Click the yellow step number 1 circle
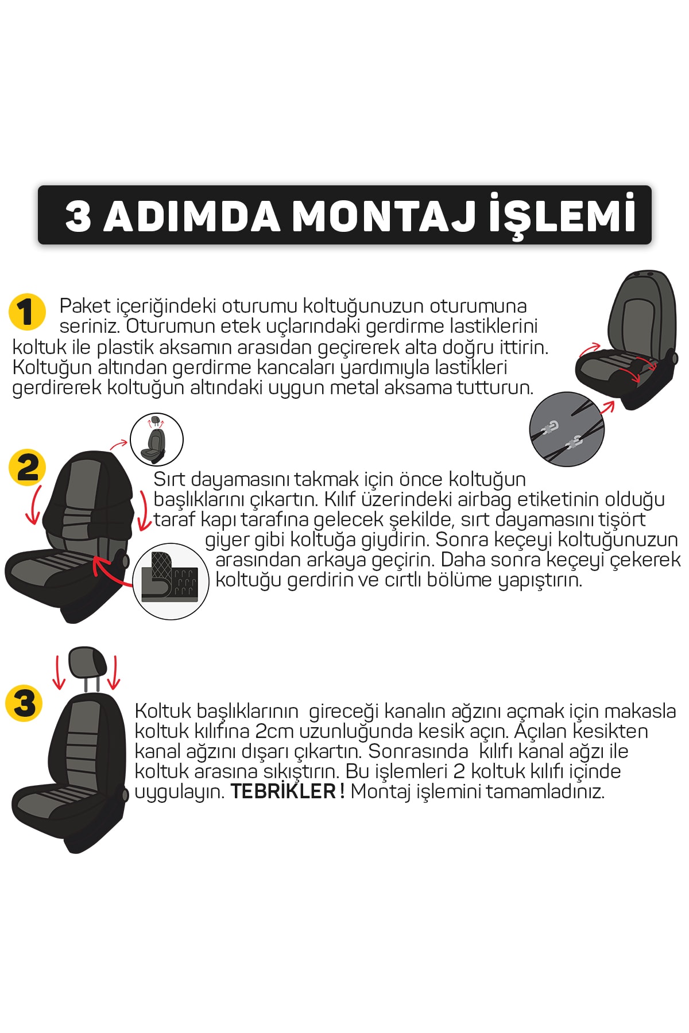point(27,312)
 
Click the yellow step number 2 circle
point(27,468)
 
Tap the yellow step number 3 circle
point(24,702)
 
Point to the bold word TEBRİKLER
point(283,792)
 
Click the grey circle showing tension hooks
point(566,429)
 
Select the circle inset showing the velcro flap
point(171,581)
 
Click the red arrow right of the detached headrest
point(115,672)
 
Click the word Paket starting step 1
point(85,306)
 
